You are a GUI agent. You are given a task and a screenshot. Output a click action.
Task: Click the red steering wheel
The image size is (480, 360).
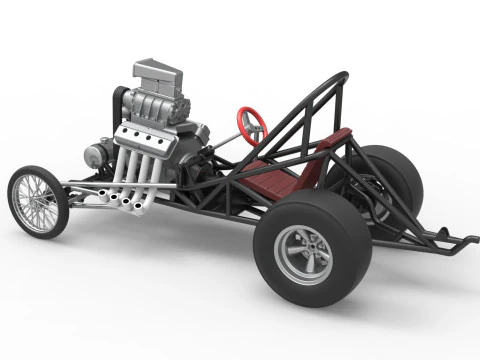[x=251, y=121]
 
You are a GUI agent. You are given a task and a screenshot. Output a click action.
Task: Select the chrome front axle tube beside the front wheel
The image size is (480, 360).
[x=85, y=195]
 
